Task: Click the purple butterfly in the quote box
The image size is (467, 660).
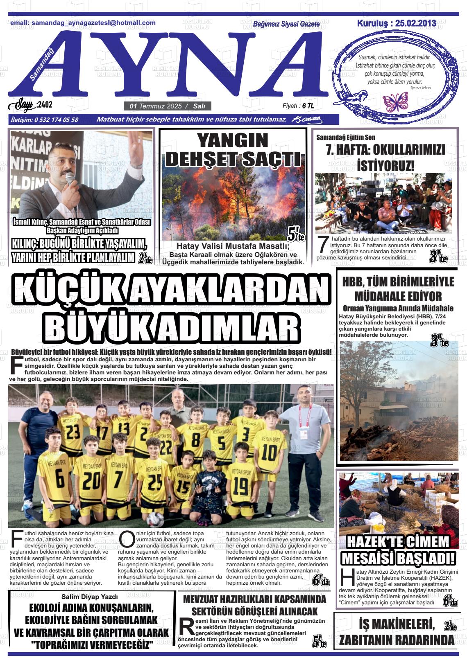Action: point(395,101)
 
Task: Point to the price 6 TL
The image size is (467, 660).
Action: point(308,106)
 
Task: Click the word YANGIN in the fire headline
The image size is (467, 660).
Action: point(232,141)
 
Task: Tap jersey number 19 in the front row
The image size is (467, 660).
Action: point(240,486)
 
